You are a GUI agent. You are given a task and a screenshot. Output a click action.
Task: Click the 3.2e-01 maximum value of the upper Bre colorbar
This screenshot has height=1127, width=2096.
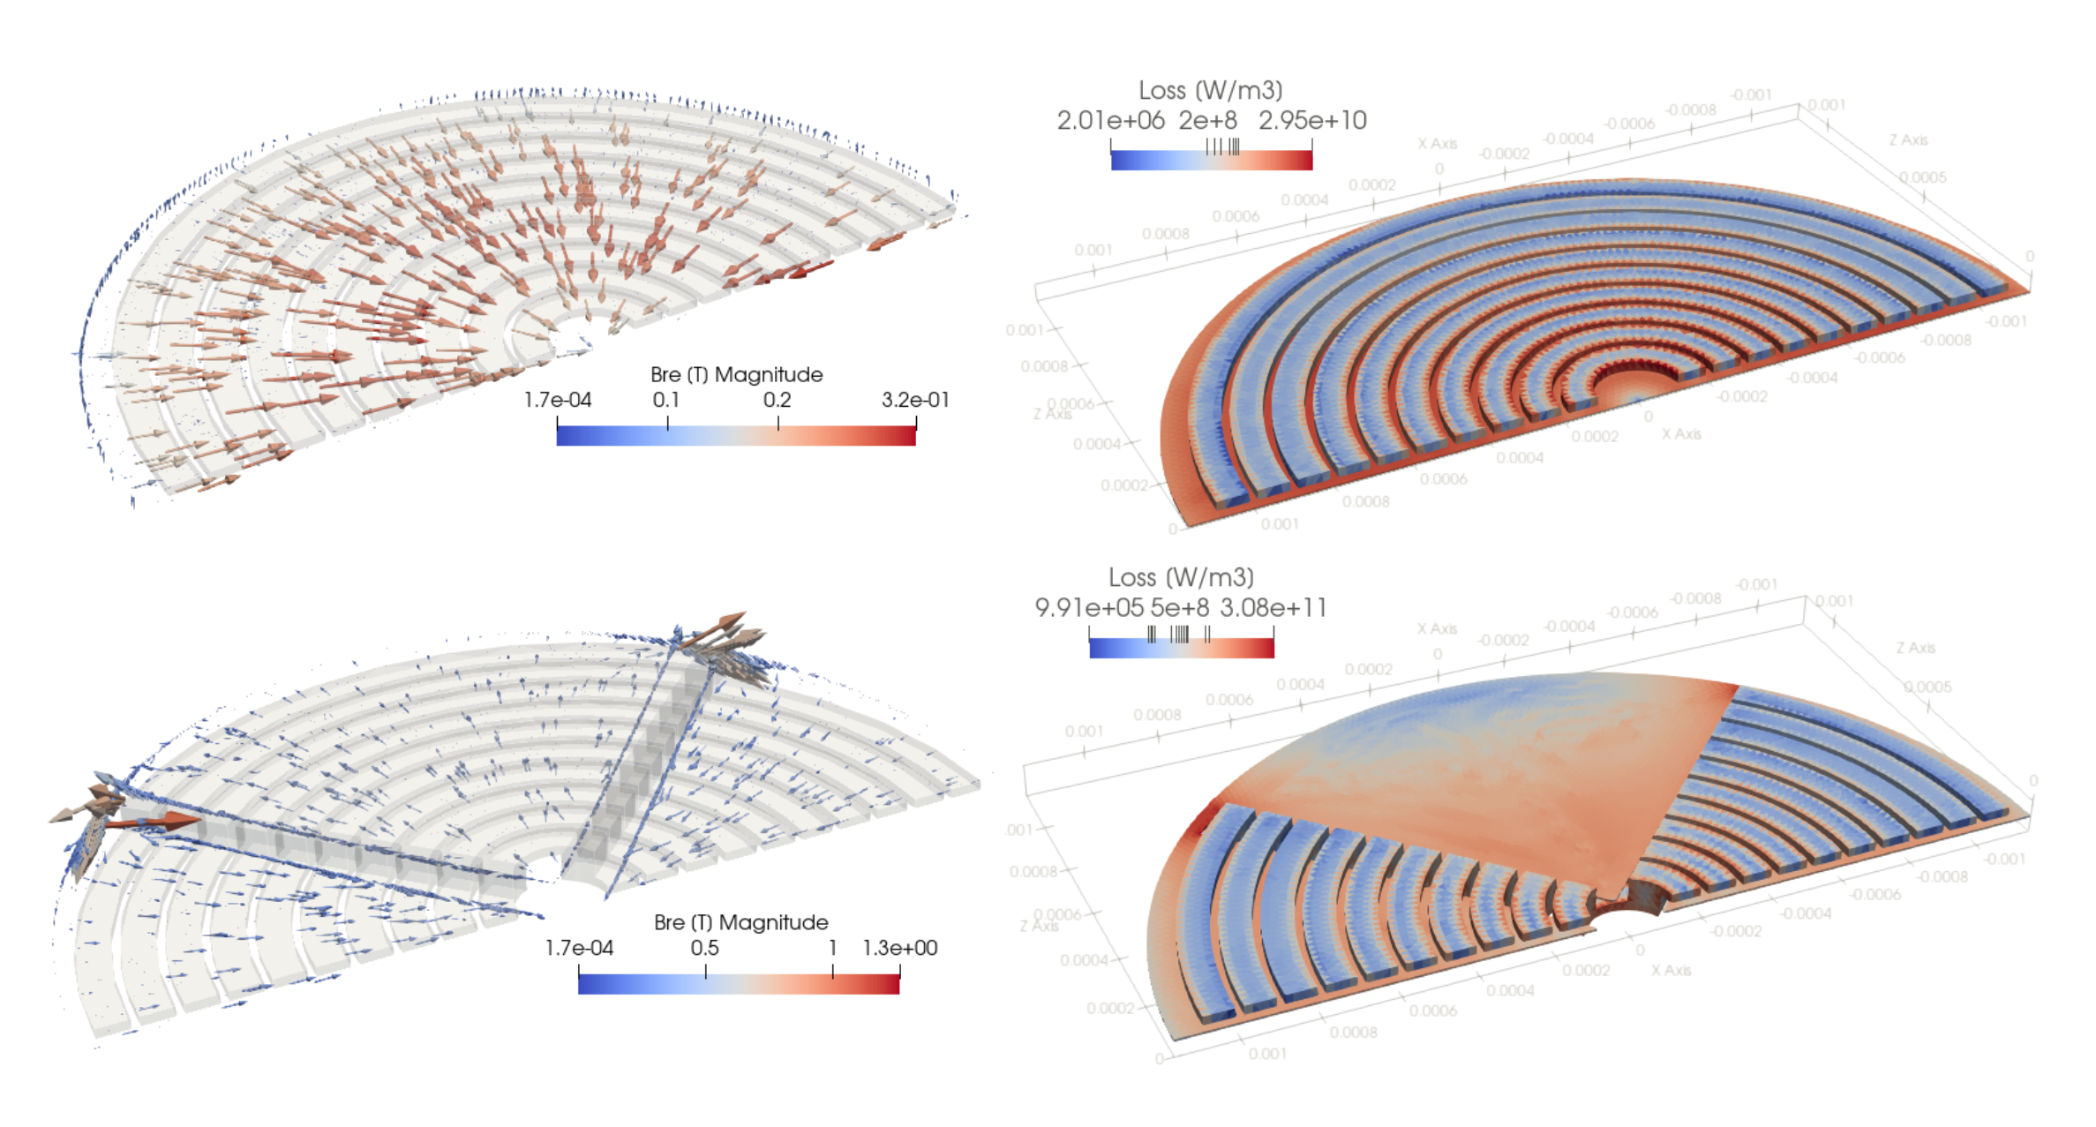915,400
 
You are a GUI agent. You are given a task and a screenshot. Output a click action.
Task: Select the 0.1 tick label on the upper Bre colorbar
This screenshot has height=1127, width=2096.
666,400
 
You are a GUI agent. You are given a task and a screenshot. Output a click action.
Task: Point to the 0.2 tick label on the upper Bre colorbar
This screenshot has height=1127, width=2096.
777,400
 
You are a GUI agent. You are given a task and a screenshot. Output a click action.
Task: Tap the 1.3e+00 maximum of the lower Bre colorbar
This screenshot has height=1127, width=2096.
899,948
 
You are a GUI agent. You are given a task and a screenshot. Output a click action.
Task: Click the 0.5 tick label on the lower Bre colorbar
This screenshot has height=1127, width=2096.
704,948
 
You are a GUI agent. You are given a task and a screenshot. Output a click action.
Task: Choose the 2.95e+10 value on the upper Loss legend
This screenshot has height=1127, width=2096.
1312,120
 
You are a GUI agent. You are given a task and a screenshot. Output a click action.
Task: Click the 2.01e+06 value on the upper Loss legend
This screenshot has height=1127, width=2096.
1110,120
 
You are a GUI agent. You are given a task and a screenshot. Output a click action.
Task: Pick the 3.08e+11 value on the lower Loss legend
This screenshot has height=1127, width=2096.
1273,607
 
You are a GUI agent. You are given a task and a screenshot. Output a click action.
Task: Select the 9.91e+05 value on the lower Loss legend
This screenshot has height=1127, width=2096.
1088,607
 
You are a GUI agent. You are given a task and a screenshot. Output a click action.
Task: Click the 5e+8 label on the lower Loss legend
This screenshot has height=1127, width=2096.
1179,607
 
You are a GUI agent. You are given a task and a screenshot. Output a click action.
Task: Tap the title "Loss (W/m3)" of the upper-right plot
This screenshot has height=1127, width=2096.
1210,90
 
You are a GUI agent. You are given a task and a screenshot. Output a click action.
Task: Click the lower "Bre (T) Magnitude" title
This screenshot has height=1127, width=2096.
740,922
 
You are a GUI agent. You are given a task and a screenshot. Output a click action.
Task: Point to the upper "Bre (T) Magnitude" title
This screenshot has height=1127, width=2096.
736,374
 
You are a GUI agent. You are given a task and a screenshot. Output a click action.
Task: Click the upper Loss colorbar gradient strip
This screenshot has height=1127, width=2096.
1211,161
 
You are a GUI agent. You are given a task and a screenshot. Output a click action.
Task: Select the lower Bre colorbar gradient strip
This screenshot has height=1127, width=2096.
739,984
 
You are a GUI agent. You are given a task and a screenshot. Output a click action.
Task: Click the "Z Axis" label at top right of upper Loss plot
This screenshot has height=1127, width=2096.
1908,139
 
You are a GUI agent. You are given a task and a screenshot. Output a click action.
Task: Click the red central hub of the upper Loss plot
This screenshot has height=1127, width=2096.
1633,388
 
